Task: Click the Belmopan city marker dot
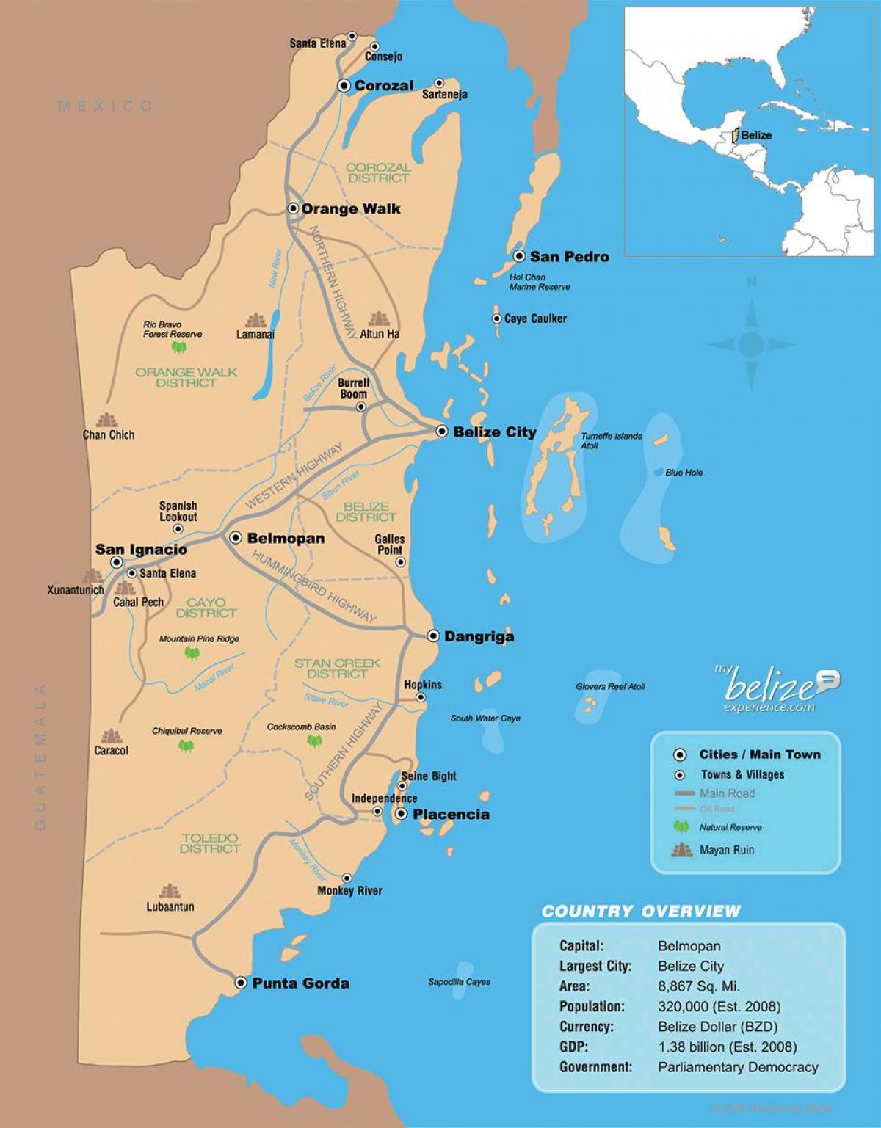point(236,538)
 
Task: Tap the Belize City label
point(494,432)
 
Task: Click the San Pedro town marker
point(519,256)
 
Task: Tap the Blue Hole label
point(684,473)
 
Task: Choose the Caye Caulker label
point(535,319)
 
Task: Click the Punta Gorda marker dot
point(240,983)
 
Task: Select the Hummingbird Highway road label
point(314,586)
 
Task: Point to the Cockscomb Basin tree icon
point(314,741)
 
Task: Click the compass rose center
point(751,343)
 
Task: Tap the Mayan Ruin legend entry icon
point(681,850)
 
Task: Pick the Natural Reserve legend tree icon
point(681,827)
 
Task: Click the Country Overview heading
point(641,911)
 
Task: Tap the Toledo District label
point(210,843)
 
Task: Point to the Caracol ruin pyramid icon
point(111,735)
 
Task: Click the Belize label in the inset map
point(756,135)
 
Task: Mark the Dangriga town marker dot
point(433,636)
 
